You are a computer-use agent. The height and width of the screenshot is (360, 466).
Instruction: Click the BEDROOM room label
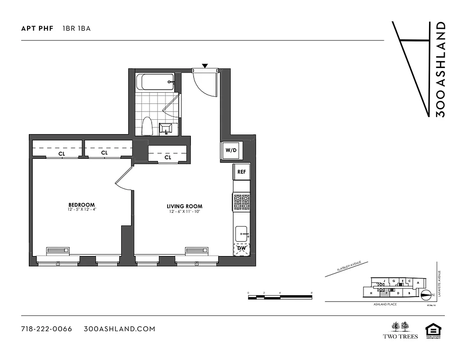coord(81,205)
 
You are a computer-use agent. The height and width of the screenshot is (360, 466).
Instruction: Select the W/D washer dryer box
coord(231,150)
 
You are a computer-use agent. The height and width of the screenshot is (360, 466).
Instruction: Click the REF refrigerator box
coord(241,172)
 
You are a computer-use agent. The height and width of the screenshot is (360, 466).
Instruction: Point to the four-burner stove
coord(241,202)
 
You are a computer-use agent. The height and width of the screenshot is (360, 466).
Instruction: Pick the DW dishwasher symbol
coord(241,248)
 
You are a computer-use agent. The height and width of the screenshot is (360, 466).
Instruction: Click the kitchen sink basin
coord(241,234)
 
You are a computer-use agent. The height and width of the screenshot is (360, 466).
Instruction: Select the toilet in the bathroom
coord(147,126)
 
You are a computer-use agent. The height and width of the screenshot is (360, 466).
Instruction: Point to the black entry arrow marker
coord(205,66)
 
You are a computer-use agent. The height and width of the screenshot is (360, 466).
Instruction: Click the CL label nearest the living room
coord(167,157)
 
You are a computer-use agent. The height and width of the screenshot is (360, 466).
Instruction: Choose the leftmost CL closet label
coord(61,153)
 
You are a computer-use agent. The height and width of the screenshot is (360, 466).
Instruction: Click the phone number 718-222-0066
coord(47,329)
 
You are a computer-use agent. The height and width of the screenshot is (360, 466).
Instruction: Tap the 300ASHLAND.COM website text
coord(120,329)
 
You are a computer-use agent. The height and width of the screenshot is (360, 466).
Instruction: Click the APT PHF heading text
coord(37,29)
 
